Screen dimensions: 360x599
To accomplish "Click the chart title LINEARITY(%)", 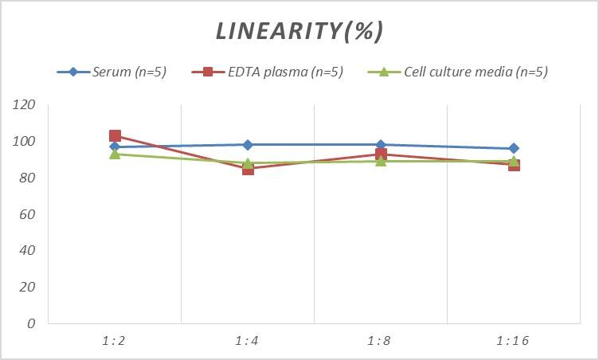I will pyautogui.click(x=299, y=30).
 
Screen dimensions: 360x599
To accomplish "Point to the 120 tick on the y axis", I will pyautogui.click(x=25, y=105).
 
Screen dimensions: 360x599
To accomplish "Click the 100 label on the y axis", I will pyautogui.click(x=25, y=142).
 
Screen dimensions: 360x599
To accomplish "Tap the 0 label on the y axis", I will pyautogui.click(x=31, y=323).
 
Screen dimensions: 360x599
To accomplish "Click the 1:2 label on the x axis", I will pyautogui.click(x=115, y=341).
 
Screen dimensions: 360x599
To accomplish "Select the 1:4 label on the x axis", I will pyautogui.click(x=248, y=341).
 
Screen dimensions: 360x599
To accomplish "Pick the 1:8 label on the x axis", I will pyautogui.click(x=381, y=341).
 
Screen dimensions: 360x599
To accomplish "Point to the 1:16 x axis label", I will pyautogui.click(x=513, y=341).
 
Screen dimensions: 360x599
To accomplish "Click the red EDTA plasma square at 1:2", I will pyautogui.click(x=115, y=136).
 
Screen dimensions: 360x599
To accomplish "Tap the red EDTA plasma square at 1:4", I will pyautogui.click(x=248, y=169).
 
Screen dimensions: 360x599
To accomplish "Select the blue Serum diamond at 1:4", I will pyautogui.click(x=248, y=145).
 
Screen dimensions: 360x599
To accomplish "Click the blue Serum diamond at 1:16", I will pyautogui.click(x=514, y=148).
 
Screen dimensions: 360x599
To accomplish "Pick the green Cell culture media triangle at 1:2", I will pyautogui.click(x=115, y=154).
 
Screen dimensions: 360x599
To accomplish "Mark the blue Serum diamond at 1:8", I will pyautogui.click(x=381, y=145).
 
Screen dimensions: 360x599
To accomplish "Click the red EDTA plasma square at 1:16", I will pyautogui.click(x=514, y=166).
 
